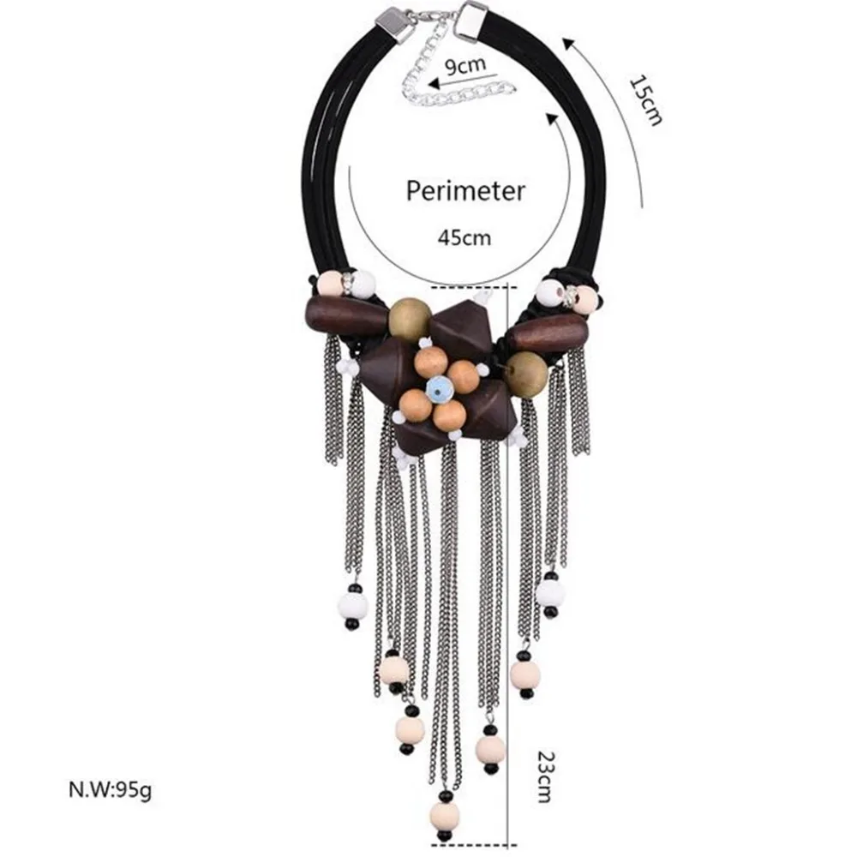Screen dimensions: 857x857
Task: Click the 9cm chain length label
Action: pos(464,66)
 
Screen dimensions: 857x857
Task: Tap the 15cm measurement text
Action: pos(646,100)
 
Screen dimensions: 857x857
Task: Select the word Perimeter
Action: pos(465,191)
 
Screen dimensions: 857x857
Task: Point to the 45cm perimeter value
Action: pos(464,237)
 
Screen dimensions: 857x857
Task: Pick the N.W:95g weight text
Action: pos(110,790)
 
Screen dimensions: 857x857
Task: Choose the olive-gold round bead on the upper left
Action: pos(410,319)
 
